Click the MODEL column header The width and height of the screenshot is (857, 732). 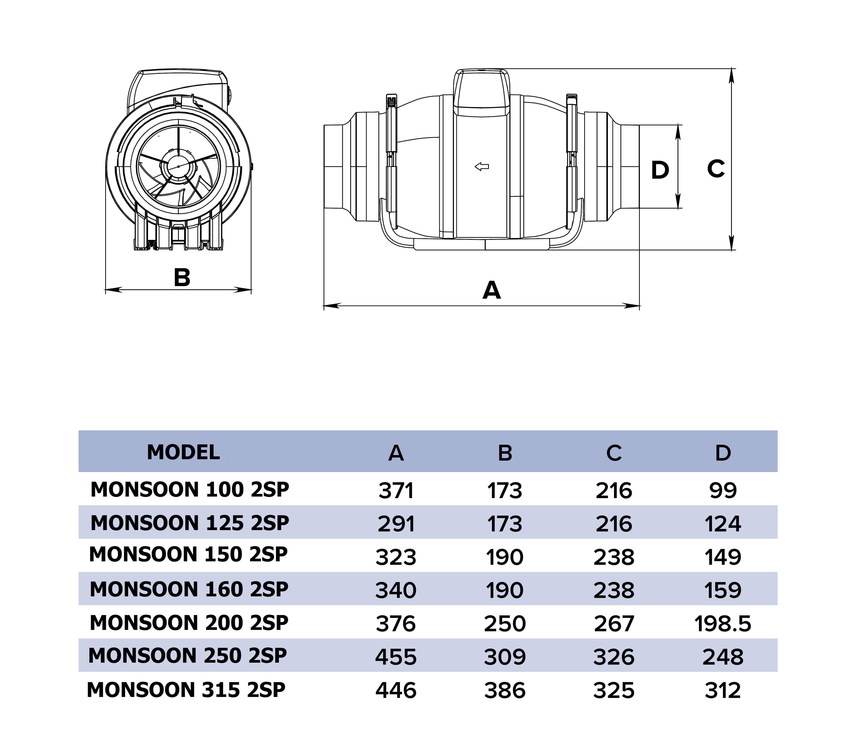point(183,452)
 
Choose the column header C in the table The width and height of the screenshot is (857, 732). point(614,453)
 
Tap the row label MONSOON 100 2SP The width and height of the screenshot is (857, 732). point(190,490)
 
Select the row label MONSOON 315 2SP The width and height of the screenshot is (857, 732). point(186,690)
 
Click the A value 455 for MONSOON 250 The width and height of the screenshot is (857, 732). point(396,657)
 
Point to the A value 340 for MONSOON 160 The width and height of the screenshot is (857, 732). point(396,590)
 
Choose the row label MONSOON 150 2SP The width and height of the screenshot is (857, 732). point(188,554)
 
